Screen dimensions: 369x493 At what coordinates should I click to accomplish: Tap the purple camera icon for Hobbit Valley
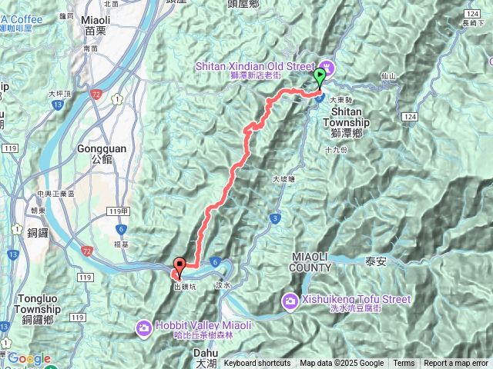pyautogui.click(x=144, y=329)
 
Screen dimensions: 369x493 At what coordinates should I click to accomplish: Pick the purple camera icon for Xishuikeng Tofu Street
pyautogui.click(x=290, y=299)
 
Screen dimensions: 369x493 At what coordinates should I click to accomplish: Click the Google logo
pyautogui.click(x=29, y=358)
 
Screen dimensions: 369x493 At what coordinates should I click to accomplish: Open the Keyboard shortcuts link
pyautogui.click(x=257, y=364)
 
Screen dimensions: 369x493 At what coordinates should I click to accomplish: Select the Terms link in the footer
pyautogui.click(x=404, y=364)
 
